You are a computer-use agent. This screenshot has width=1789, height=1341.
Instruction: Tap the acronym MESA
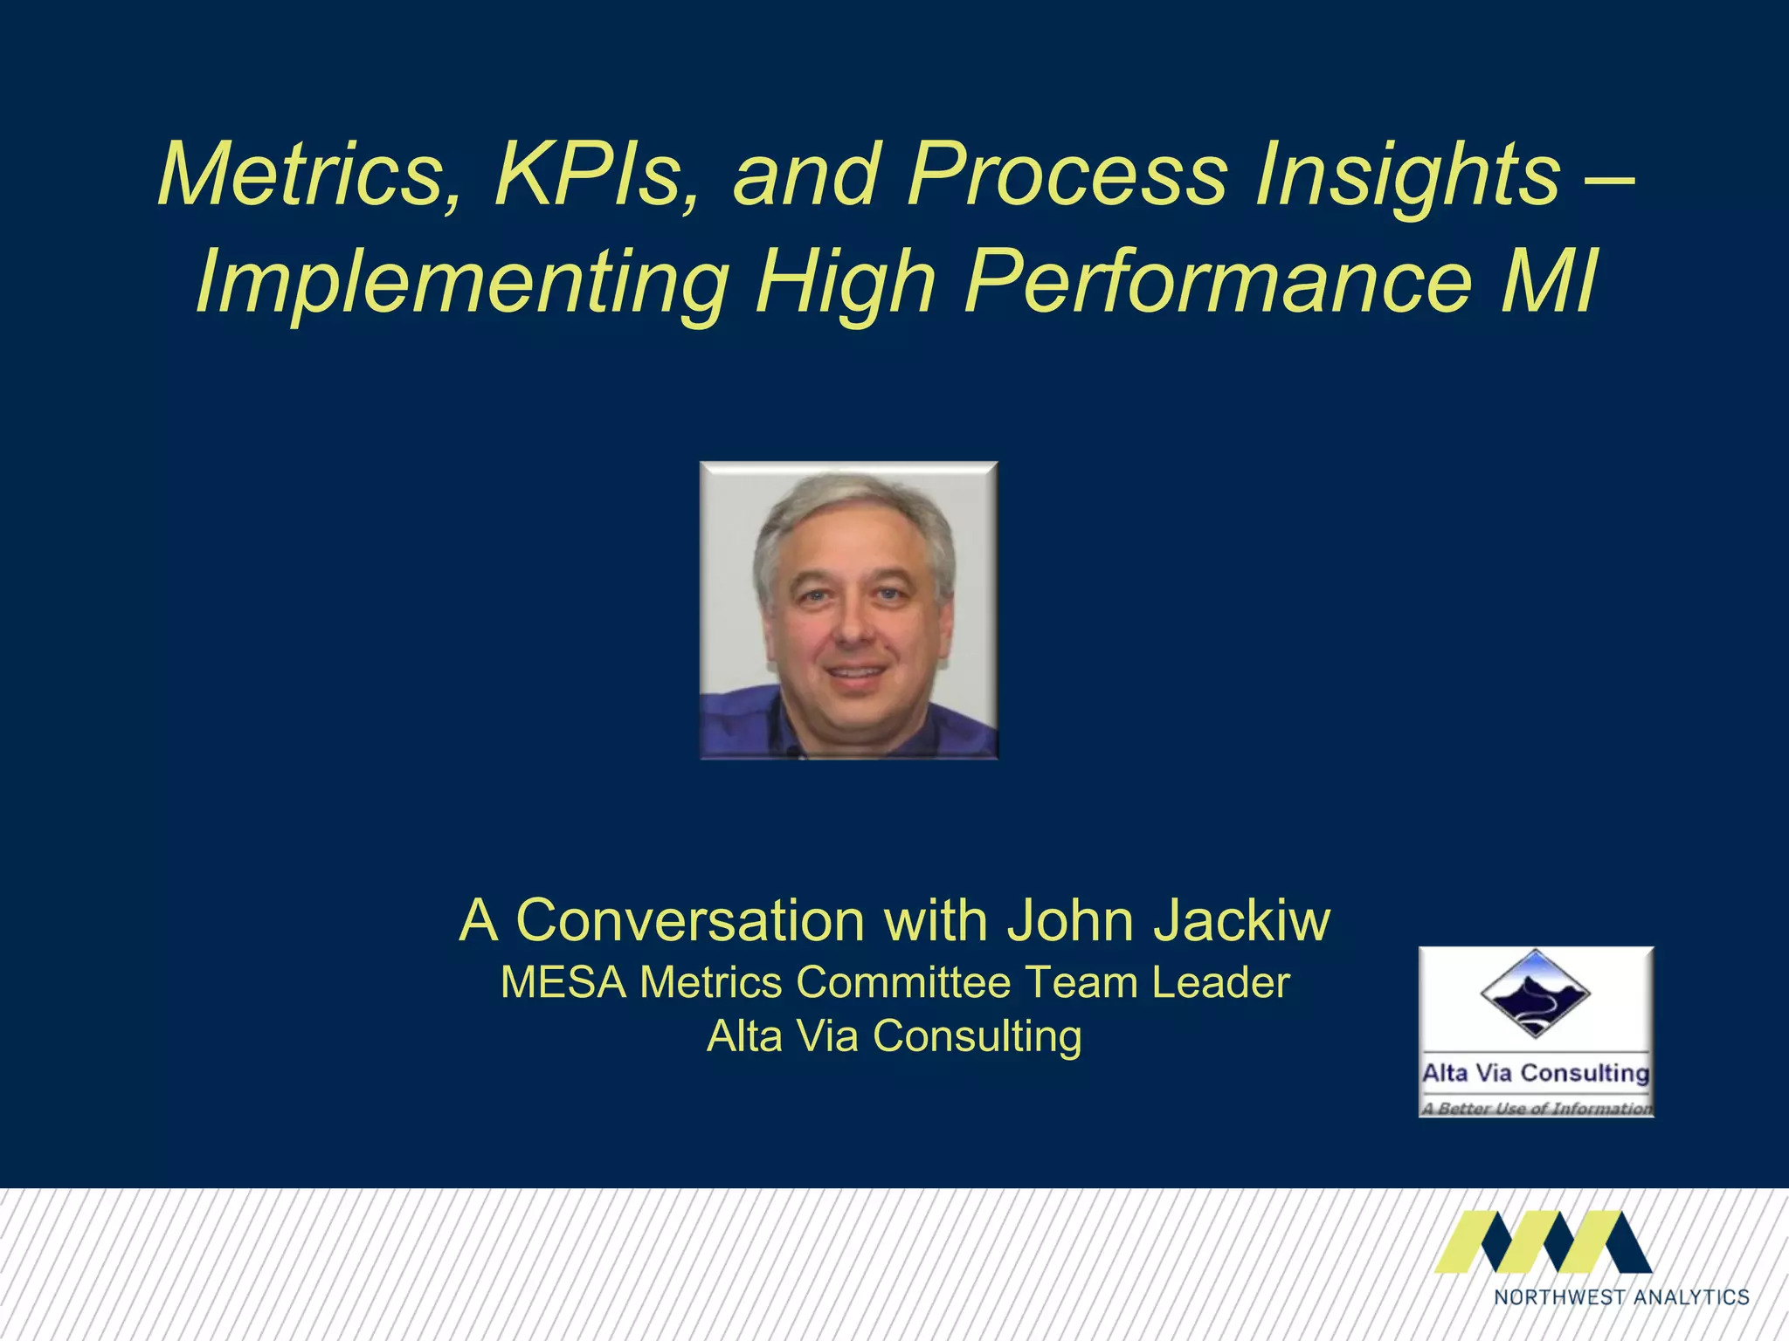(x=563, y=982)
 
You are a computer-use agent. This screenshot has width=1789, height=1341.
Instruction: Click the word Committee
(x=903, y=982)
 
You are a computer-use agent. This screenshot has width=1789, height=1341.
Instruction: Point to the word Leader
(x=1219, y=982)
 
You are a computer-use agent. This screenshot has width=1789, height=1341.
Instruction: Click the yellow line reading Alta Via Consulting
(x=894, y=1036)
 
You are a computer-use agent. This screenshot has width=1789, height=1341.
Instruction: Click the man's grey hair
(x=852, y=506)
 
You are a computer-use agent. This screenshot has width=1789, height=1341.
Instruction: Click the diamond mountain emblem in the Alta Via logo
(x=1535, y=994)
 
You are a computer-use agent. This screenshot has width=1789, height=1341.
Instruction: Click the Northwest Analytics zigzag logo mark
(x=1543, y=1241)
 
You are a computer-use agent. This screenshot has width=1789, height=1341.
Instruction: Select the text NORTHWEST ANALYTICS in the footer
(x=1621, y=1296)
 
